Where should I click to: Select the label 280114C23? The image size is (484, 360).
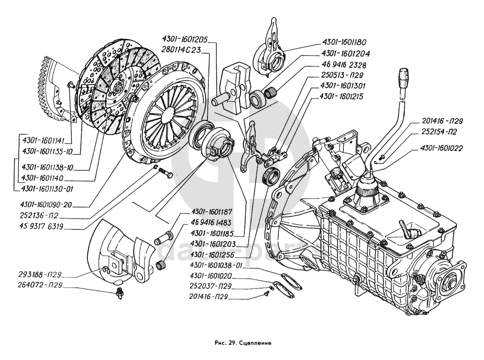(x=182, y=50)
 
